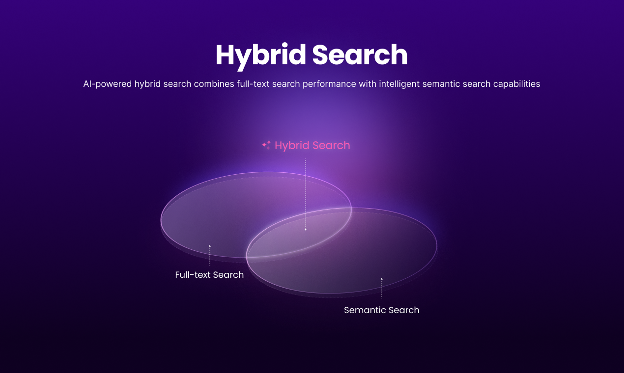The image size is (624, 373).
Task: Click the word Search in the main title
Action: [360, 54]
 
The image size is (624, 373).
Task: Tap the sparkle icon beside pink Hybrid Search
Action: [267, 145]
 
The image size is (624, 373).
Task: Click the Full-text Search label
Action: [209, 275]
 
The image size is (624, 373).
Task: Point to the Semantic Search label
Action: [382, 310]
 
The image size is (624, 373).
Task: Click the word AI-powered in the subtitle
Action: [107, 84]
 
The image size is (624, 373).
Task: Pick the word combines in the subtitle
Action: [214, 84]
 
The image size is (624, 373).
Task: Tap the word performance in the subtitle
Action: [329, 84]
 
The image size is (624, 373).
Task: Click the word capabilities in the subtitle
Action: [517, 84]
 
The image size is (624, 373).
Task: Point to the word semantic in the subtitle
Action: [441, 84]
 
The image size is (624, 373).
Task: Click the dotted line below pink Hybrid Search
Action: [306, 194]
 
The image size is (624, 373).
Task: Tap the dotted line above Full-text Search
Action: [210, 256]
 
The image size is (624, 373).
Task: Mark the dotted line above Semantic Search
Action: [382, 289]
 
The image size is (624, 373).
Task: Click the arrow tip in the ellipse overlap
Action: [306, 230]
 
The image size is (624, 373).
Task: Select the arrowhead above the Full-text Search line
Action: [210, 246]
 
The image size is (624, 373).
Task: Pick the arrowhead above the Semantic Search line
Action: [382, 279]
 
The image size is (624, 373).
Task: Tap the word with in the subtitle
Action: [368, 84]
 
